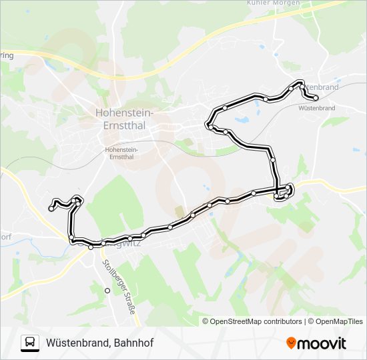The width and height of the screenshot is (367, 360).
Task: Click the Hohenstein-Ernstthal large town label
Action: [124, 118]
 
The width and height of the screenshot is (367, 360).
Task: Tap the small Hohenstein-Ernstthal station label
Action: [120, 153]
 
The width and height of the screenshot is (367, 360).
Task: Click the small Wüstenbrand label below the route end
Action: [316, 107]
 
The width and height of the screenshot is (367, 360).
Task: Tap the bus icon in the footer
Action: [30, 343]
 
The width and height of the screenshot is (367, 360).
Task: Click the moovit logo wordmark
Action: [323, 343]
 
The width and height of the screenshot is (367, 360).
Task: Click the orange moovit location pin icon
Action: [291, 343]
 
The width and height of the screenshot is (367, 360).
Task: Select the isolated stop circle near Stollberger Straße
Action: [107, 291]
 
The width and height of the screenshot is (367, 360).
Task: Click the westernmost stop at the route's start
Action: [51, 209]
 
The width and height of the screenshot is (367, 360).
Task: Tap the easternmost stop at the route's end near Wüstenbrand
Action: [316, 98]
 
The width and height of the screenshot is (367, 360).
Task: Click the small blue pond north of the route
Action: [241, 121]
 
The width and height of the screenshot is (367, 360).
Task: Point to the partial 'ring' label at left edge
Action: [6, 56]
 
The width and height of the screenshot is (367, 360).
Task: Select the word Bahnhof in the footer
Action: [133, 343]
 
